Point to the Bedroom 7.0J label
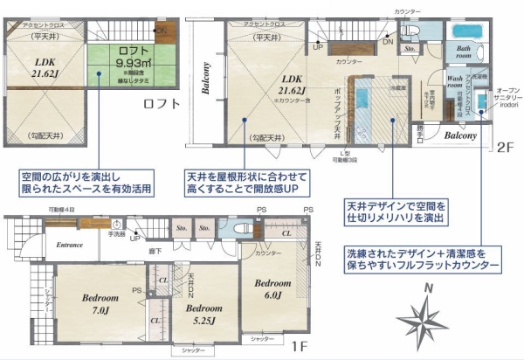coord(99,303)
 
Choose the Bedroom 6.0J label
coord(272,289)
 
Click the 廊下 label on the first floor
coord(154,251)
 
